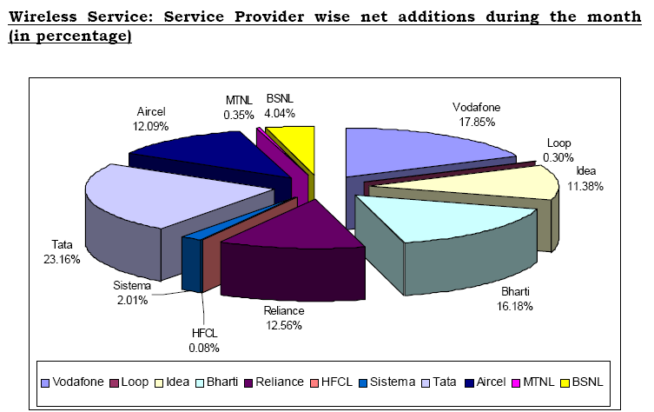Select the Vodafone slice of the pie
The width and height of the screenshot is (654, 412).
point(417,149)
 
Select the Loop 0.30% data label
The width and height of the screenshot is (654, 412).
point(558,150)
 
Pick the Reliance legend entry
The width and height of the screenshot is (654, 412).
point(275,382)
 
